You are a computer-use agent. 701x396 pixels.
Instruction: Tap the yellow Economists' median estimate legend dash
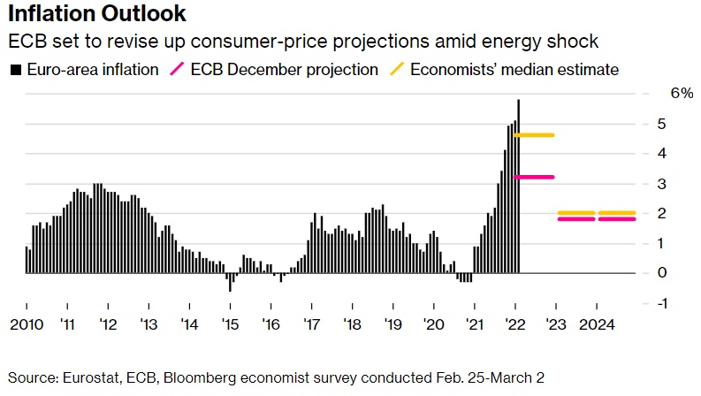pyautogui.click(x=397, y=69)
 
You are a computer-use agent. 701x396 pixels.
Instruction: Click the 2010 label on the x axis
pyautogui.click(x=26, y=324)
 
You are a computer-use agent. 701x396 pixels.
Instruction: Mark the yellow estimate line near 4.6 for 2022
pyautogui.click(x=535, y=135)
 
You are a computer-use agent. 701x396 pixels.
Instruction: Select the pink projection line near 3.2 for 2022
pyautogui.click(x=535, y=177)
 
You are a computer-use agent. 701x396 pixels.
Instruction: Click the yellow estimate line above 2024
pyautogui.click(x=616, y=213)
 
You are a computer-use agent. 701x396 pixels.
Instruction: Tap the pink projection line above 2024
pyautogui.click(x=616, y=219)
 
